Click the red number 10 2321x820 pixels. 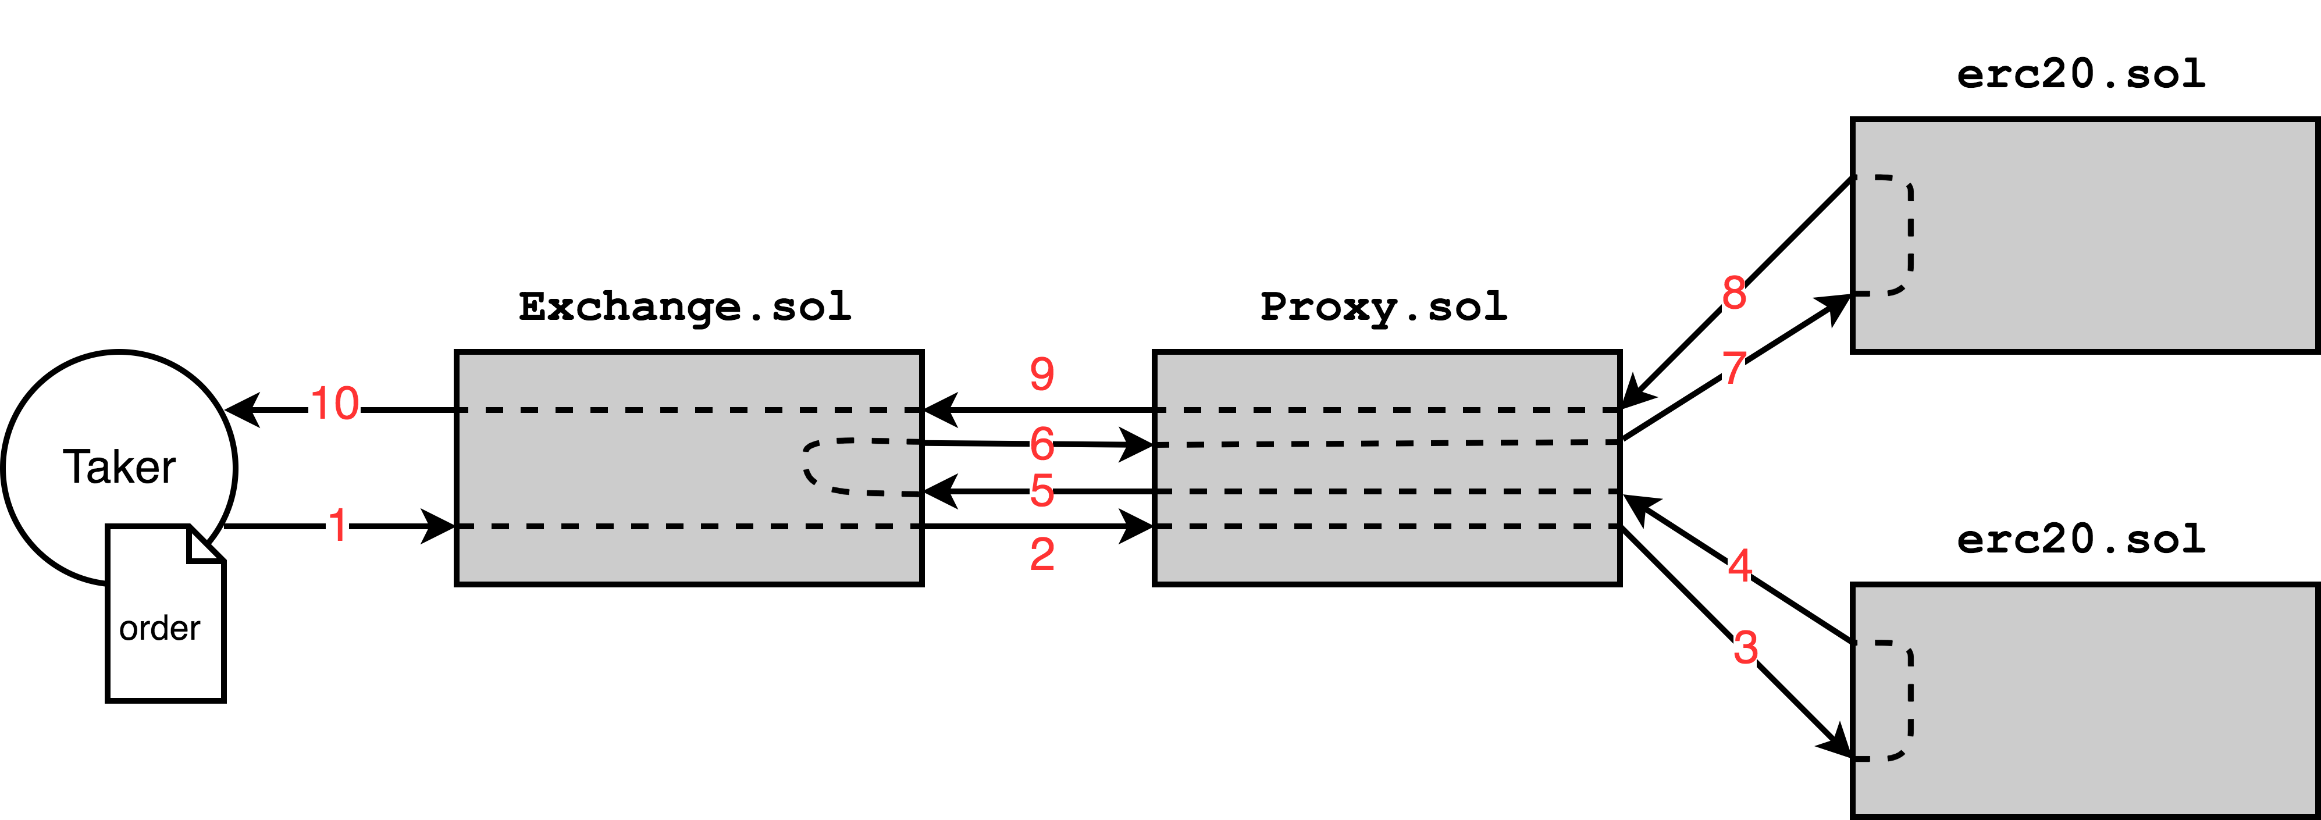tap(334, 404)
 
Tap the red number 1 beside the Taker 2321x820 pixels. tap(337, 526)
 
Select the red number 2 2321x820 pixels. tap(1042, 554)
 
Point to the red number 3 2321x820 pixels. tap(1745, 647)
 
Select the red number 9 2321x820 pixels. tap(1042, 374)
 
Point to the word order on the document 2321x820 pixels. tap(159, 628)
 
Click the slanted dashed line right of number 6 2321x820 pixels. tap(1387, 443)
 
